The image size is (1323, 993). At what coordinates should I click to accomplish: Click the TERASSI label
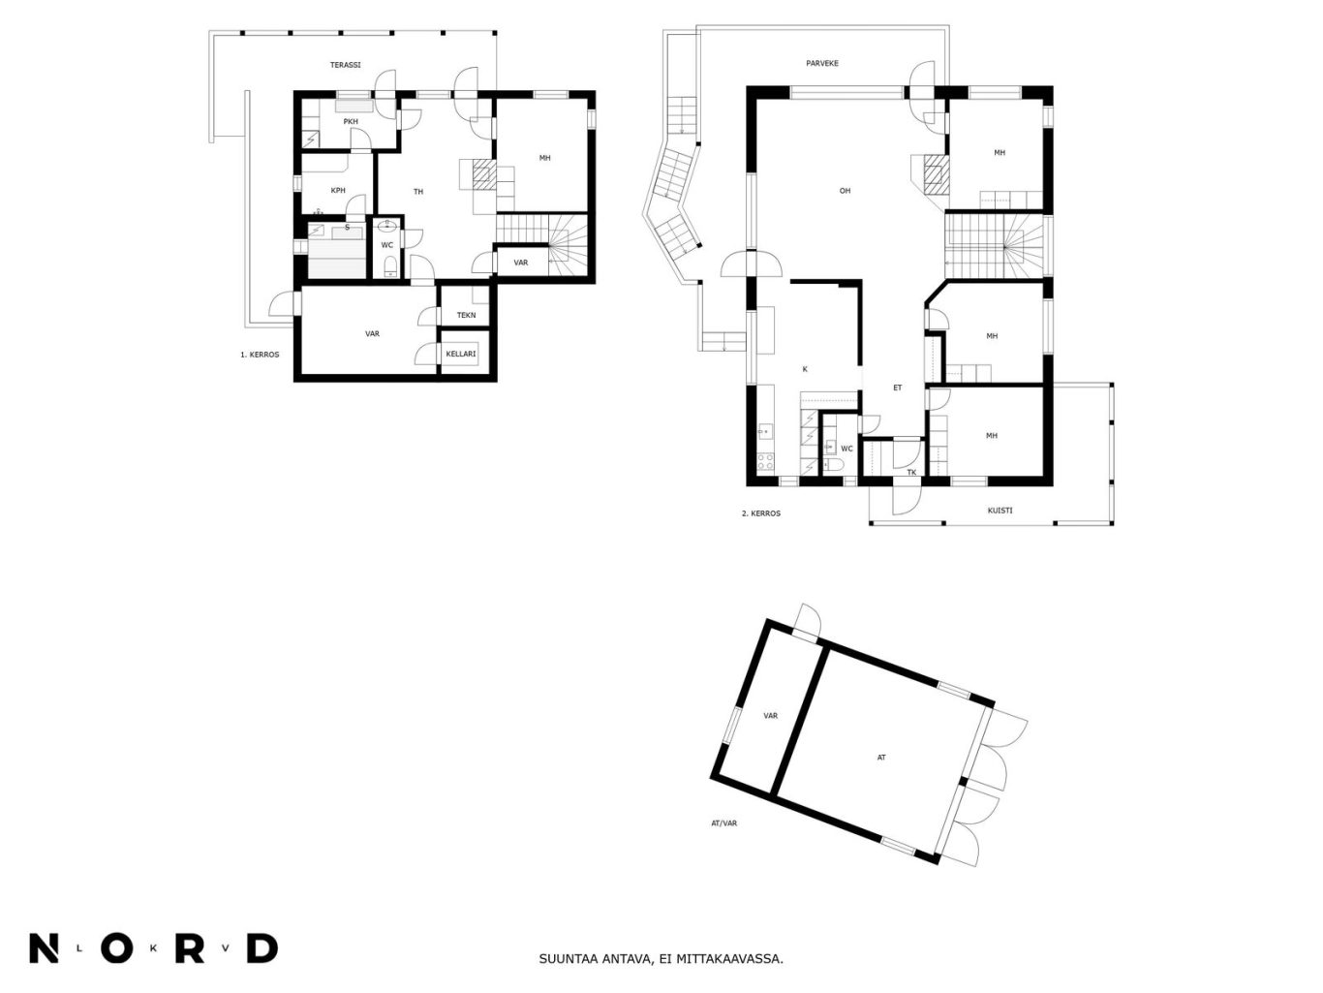pyautogui.click(x=346, y=65)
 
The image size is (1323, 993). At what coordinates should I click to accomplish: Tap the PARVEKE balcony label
pyautogui.click(x=822, y=63)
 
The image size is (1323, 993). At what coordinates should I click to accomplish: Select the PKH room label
pyautogui.click(x=351, y=121)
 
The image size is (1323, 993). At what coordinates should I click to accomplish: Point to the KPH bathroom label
pyautogui.click(x=338, y=190)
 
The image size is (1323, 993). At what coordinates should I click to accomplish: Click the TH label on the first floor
pyautogui.click(x=418, y=192)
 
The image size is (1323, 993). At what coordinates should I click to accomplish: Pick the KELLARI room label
pyautogui.click(x=460, y=354)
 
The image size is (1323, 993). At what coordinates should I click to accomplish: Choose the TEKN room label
pyautogui.click(x=466, y=315)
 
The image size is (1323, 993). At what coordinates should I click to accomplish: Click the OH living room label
pyautogui.click(x=845, y=191)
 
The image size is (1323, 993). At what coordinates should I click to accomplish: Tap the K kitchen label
pyautogui.click(x=805, y=369)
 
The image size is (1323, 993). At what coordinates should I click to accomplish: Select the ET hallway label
pyautogui.click(x=898, y=388)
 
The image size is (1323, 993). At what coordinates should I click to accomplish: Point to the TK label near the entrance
pyautogui.click(x=911, y=472)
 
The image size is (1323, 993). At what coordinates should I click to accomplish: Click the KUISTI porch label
pyautogui.click(x=1000, y=511)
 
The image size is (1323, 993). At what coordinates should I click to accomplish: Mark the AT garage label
pyautogui.click(x=881, y=758)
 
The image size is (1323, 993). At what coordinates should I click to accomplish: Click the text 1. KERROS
pyautogui.click(x=260, y=355)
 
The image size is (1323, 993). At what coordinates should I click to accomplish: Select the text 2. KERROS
pyautogui.click(x=760, y=513)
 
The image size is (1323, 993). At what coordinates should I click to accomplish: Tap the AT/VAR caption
pyautogui.click(x=723, y=822)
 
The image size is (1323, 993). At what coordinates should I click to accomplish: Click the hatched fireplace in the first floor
pyautogui.click(x=484, y=173)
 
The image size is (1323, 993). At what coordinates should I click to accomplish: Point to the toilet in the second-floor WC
pyautogui.click(x=834, y=465)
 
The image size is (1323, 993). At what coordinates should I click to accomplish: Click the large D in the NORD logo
pyautogui.click(x=262, y=947)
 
